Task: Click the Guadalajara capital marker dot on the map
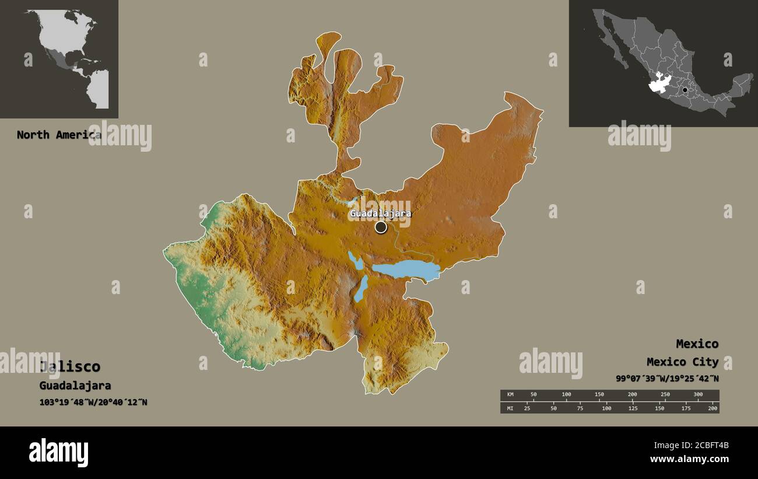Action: (x=381, y=227)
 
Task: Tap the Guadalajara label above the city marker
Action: (x=380, y=214)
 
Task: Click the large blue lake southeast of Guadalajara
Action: (x=406, y=270)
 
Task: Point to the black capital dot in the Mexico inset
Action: (x=685, y=90)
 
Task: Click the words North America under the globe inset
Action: (x=58, y=135)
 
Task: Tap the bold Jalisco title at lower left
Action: (x=70, y=367)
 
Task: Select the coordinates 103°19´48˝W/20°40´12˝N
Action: (x=93, y=402)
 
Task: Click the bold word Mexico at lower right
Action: (x=697, y=344)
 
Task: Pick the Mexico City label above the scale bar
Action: (x=682, y=362)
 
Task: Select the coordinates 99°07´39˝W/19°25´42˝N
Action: (x=667, y=378)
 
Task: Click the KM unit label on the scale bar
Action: (x=510, y=395)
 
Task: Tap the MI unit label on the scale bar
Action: (x=510, y=408)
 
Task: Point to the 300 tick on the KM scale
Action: (x=698, y=395)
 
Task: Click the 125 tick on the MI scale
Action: (x=633, y=408)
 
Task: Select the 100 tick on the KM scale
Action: (x=566, y=395)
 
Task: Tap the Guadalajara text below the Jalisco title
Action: (x=75, y=386)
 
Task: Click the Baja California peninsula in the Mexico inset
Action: (x=612, y=41)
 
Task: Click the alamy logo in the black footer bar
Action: (x=58, y=453)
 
